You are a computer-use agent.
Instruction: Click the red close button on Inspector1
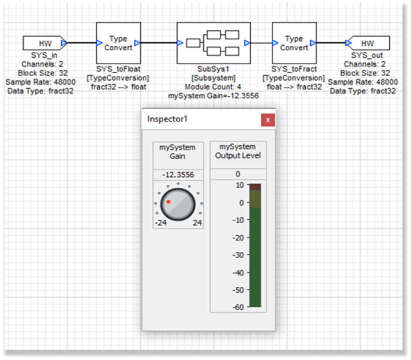coord(267,120)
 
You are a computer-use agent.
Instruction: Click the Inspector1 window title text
coord(168,119)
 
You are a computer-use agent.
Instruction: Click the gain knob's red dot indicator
coord(168,201)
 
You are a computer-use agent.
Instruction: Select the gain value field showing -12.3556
coord(177,175)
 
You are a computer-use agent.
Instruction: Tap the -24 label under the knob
coord(161,223)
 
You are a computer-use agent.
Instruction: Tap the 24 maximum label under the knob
coord(196,223)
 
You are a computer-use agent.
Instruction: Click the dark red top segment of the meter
coord(255,187)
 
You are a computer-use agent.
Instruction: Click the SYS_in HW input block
coord(45,43)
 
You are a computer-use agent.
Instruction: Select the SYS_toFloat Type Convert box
coord(118,43)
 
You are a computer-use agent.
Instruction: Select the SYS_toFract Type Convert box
coord(294,43)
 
